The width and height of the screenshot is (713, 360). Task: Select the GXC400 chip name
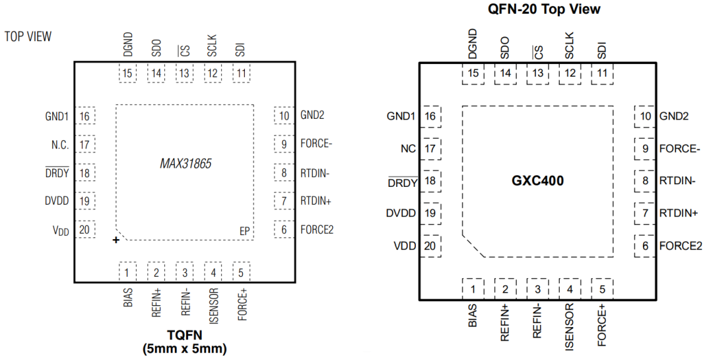537,180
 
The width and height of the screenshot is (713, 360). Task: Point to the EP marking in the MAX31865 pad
244,231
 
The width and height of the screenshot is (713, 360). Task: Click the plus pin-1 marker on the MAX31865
116,240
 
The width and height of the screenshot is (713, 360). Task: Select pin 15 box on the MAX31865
128,73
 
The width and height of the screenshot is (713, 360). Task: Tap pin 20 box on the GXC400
430,246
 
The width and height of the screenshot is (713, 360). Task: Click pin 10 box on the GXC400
645,116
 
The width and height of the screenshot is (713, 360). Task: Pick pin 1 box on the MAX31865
128,271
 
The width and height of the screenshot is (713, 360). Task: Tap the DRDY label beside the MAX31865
57,173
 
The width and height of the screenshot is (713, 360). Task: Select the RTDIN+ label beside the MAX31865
316,201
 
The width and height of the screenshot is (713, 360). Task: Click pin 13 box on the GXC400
537,73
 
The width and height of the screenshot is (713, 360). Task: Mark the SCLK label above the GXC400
570,46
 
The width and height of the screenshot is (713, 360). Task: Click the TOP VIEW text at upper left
28,36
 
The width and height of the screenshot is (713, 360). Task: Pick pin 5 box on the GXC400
602,288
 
